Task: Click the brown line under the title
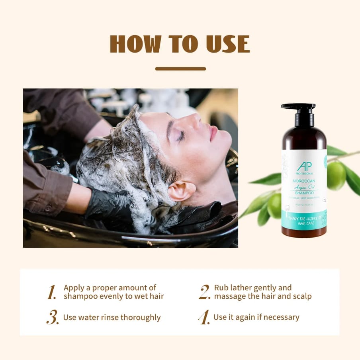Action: click(180, 69)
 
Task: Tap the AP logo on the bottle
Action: click(304, 166)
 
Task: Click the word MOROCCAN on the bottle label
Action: click(304, 181)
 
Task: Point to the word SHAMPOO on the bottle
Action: click(304, 193)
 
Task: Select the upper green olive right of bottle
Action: click(336, 175)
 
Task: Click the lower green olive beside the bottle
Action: click(275, 205)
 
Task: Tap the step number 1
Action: click(51, 292)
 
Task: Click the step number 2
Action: click(204, 292)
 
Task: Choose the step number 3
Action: click(52, 317)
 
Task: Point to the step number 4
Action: click(203, 317)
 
